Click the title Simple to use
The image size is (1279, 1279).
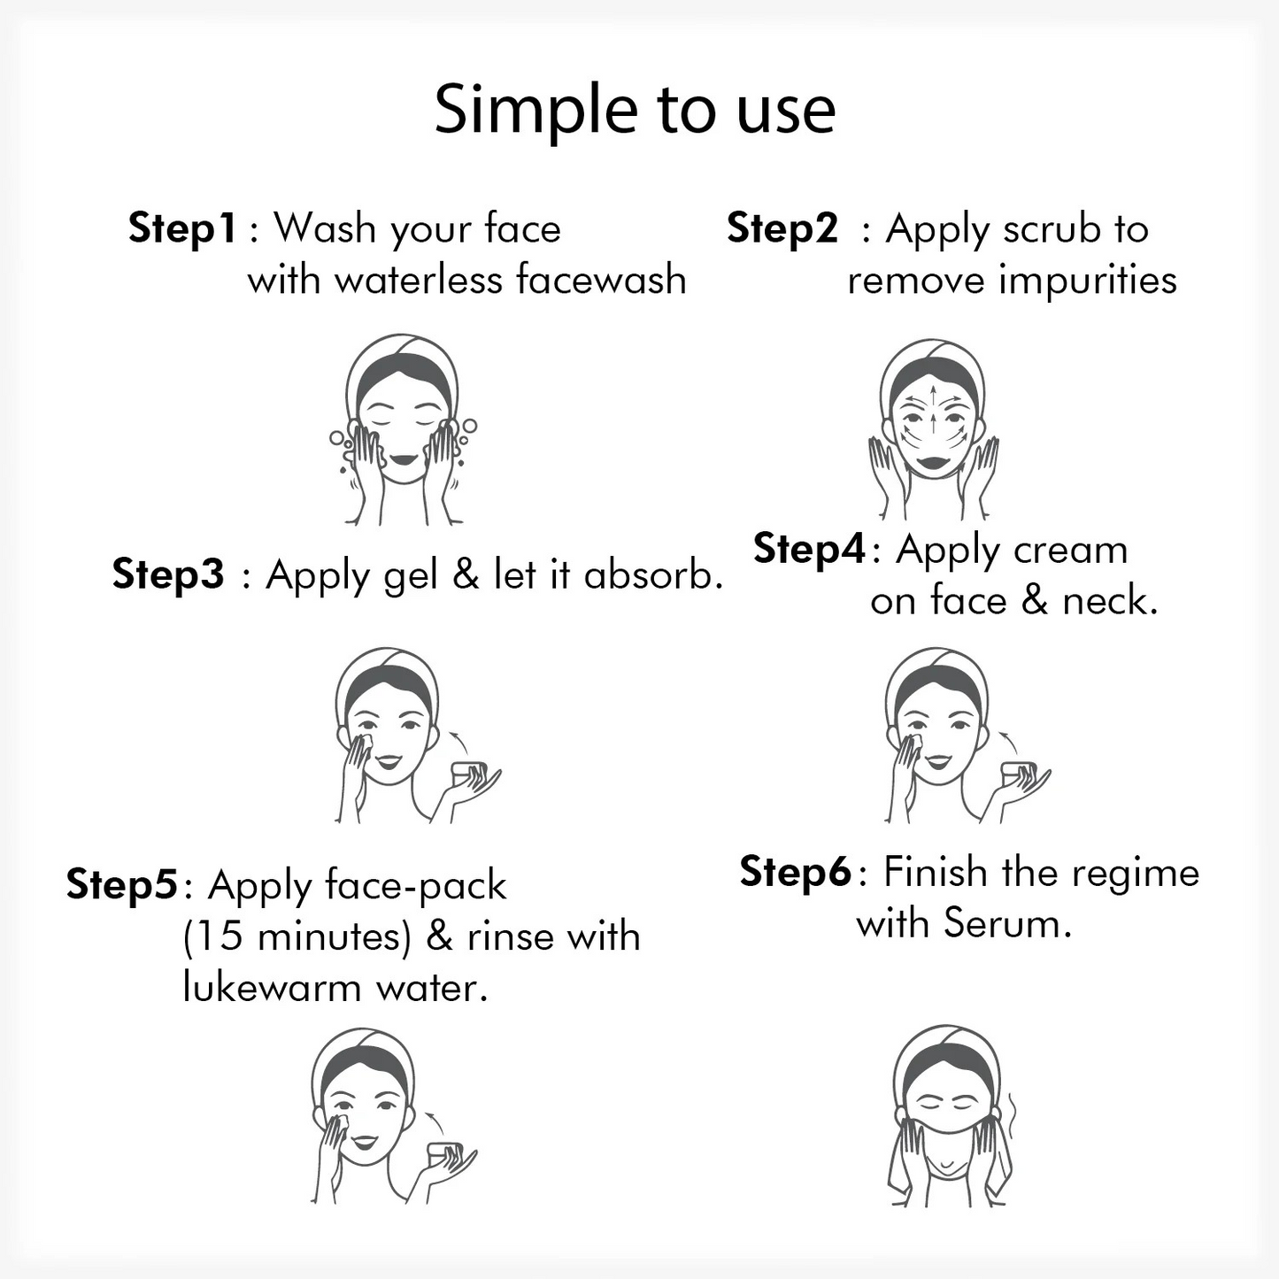[635, 111]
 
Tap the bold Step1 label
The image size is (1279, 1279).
[181, 229]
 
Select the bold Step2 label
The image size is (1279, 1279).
[782, 229]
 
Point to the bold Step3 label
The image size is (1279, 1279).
[168, 574]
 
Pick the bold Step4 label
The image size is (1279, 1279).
[809, 550]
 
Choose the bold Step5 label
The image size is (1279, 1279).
[121, 885]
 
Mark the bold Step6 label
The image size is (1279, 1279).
[795, 872]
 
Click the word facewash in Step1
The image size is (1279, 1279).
[601, 279]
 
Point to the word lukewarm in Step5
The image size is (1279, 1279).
[272, 989]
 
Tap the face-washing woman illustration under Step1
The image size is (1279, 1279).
[403, 429]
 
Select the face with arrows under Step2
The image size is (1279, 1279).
[933, 429]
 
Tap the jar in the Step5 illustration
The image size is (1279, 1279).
[444, 1159]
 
